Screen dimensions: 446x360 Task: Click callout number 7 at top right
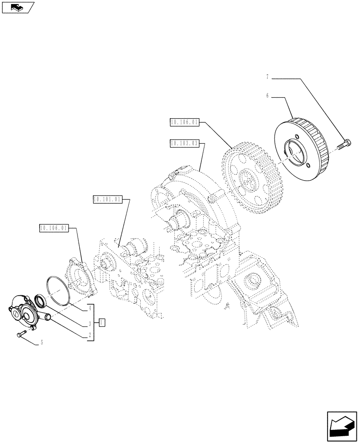pyautogui.click(x=267, y=77)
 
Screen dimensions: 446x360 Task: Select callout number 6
pyautogui.click(x=267, y=95)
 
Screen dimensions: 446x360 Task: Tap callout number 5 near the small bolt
pyautogui.click(x=42, y=343)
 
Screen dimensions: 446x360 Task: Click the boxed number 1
pyautogui.click(x=102, y=322)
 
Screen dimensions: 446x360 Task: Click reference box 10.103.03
pyautogui.click(x=184, y=143)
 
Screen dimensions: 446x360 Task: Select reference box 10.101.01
pyautogui.click(x=107, y=199)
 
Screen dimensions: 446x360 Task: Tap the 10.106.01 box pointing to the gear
pyautogui.click(x=184, y=121)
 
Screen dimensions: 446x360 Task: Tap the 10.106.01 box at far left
pyautogui.click(x=53, y=228)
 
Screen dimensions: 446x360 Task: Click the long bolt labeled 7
pyautogui.click(x=345, y=144)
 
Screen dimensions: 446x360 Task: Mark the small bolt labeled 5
pyautogui.click(x=21, y=334)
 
